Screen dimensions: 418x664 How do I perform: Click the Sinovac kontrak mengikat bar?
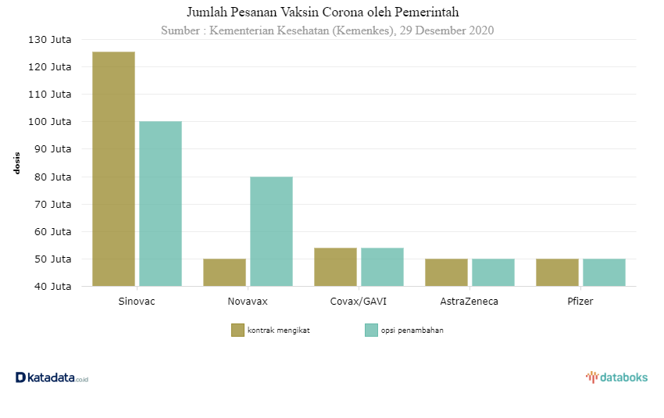pos(113,169)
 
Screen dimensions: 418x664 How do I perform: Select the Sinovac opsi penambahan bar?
pos(160,203)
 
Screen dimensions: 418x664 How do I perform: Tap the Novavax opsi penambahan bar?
pos(271,231)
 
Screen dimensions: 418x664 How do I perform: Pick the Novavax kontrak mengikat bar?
pos(224,272)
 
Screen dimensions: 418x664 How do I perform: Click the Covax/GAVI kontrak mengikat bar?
pos(335,266)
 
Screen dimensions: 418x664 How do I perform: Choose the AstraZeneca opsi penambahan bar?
pos(493,272)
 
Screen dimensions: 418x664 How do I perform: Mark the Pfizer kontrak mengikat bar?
pos(557,272)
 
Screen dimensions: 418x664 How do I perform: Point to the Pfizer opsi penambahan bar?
pos(604,272)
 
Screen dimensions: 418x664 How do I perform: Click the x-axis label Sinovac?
pos(137,301)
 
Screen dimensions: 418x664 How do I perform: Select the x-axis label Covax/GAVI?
pos(359,301)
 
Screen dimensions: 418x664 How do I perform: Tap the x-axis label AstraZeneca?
pos(469,301)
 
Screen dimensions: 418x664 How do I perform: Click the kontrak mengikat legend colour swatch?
pos(237,330)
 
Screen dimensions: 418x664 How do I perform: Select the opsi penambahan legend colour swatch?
pos(371,330)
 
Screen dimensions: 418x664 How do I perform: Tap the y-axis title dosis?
pos(17,163)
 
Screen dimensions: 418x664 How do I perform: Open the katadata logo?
pos(52,377)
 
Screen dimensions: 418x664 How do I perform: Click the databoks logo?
pos(617,377)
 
